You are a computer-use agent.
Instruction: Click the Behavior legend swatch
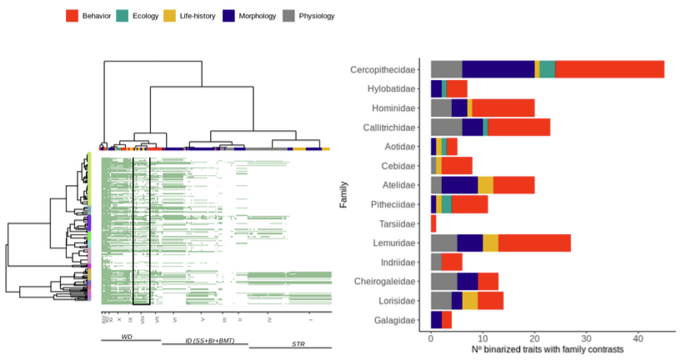tap(73, 16)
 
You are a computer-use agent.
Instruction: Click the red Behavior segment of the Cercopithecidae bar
tap(609, 69)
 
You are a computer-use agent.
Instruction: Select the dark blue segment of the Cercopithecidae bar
tap(499, 69)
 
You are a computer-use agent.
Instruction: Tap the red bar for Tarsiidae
tap(434, 223)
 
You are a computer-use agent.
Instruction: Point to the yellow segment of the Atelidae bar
tap(485, 185)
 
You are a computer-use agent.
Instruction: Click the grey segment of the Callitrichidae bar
tap(446, 127)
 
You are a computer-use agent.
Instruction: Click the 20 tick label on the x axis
tap(534, 338)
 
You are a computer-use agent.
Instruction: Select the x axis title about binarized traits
tap(534, 350)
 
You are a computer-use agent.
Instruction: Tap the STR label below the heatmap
tap(298, 343)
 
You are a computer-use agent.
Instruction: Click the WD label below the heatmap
tap(127, 337)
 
